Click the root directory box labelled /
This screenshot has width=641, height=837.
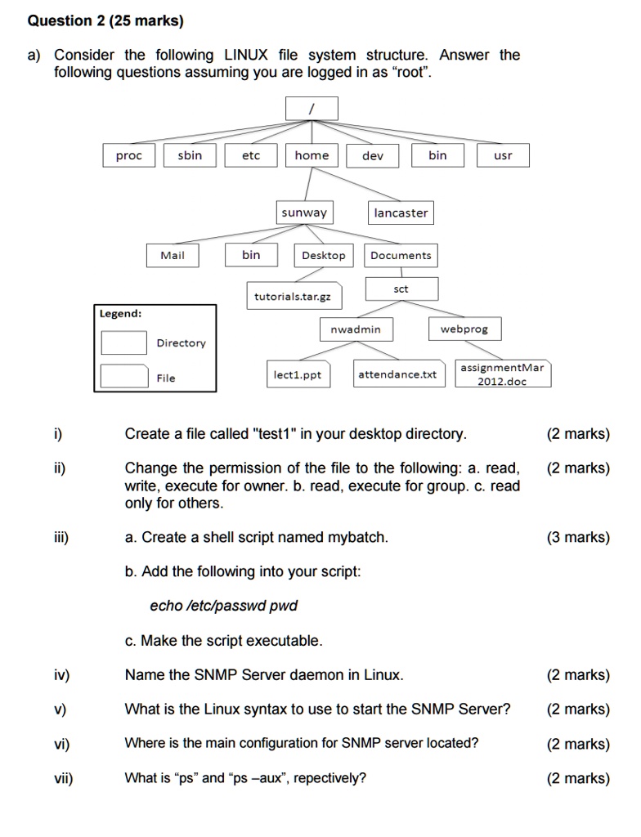(312, 108)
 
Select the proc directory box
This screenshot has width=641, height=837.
(128, 155)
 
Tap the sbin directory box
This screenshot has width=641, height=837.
(190, 155)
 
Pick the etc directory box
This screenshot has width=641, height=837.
(251, 155)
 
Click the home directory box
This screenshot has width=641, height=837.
(312, 155)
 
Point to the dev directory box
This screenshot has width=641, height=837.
(372, 155)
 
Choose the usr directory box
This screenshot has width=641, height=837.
(503, 155)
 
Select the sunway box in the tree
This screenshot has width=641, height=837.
(304, 213)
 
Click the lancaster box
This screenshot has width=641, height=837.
(401, 213)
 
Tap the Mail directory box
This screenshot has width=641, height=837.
(173, 255)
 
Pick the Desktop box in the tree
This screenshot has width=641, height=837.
(324, 255)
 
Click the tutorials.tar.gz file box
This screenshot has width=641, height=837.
(293, 296)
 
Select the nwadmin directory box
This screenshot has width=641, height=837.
(356, 329)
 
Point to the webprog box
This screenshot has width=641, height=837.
(464, 329)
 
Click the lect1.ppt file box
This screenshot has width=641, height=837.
(298, 374)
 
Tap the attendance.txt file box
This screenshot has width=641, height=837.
(397, 374)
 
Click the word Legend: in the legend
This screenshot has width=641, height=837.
(120, 314)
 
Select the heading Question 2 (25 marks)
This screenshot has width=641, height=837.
(105, 20)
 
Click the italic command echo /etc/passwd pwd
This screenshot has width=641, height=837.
(223, 606)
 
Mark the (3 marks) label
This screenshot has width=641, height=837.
(578, 537)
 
